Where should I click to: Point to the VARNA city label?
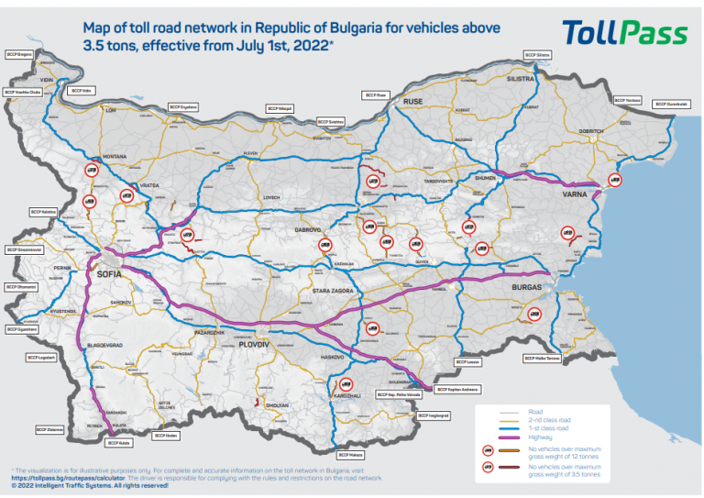coord(575,194)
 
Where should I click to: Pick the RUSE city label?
coord(413,101)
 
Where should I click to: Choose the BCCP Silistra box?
coord(538,55)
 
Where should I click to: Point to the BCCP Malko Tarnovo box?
coord(542,359)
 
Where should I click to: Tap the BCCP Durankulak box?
coord(672,104)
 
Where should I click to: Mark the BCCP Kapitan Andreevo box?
coord(442,390)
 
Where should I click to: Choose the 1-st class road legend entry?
coord(547,428)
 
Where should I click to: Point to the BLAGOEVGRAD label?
coord(99,347)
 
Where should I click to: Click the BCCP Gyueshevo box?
coord(25,328)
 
